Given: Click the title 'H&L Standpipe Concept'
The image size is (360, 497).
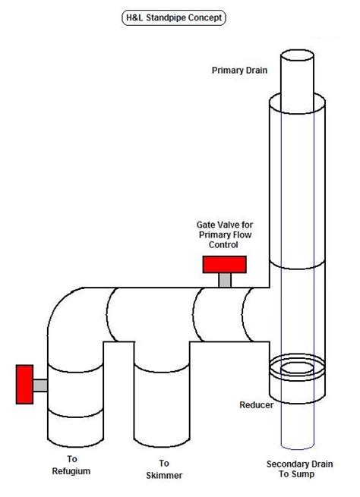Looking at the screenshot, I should (180, 16).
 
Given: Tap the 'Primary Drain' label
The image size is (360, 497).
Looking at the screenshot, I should (236, 71).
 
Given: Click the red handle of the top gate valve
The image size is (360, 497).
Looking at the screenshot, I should (225, 264).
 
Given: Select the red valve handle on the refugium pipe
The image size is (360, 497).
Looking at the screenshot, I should (25, 385).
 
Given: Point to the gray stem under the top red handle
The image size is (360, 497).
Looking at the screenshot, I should (225, 279).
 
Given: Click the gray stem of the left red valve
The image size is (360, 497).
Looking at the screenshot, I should (41, 385).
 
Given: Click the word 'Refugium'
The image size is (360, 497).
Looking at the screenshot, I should (72, 471).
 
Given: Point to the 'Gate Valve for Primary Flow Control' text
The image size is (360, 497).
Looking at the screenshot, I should (223, 235).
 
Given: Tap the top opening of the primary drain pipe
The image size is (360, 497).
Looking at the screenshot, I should (297, 57).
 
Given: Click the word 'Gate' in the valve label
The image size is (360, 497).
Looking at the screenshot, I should (207, 225).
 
